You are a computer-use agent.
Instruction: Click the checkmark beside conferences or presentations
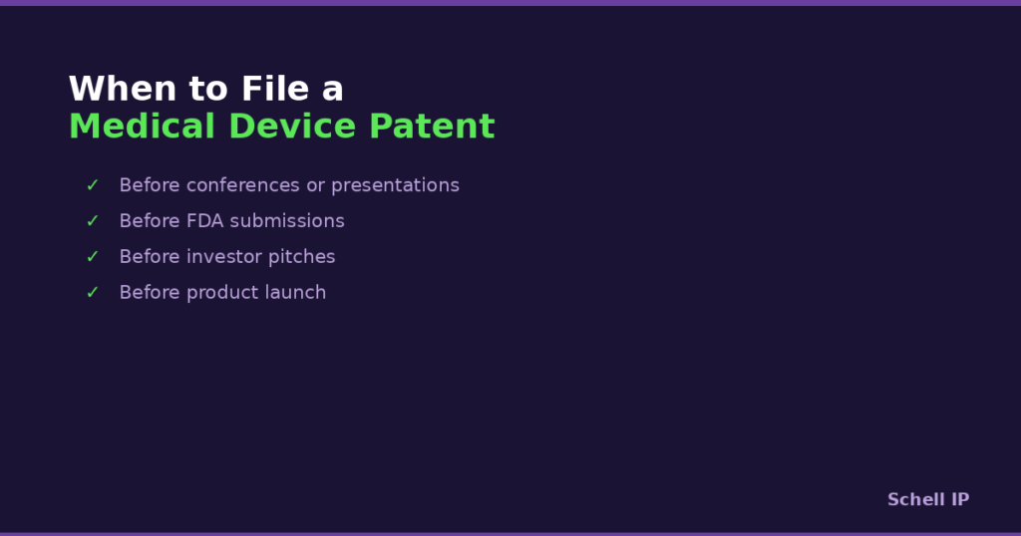point(93,185)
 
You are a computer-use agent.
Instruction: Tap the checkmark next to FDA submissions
point(93,221)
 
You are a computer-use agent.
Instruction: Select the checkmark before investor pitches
point(93,257)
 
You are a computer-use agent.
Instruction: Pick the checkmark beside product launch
point(93,293)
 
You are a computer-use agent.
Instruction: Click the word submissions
point(287,221)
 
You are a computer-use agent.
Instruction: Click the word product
point(221,293)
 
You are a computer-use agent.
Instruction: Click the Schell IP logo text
point(927,500)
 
